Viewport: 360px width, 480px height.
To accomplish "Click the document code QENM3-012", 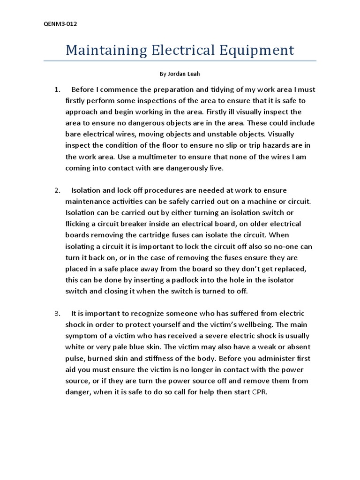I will [x=57, y=24].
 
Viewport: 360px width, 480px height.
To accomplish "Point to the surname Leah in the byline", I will [x=195, y=74].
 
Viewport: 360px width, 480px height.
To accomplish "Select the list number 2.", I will [x=57, y=190].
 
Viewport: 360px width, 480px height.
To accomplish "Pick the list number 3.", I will [x=57, y=313].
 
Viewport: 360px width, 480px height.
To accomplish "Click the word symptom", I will [x=80, y=336].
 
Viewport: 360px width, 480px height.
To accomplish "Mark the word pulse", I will [x=74, y=358].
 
